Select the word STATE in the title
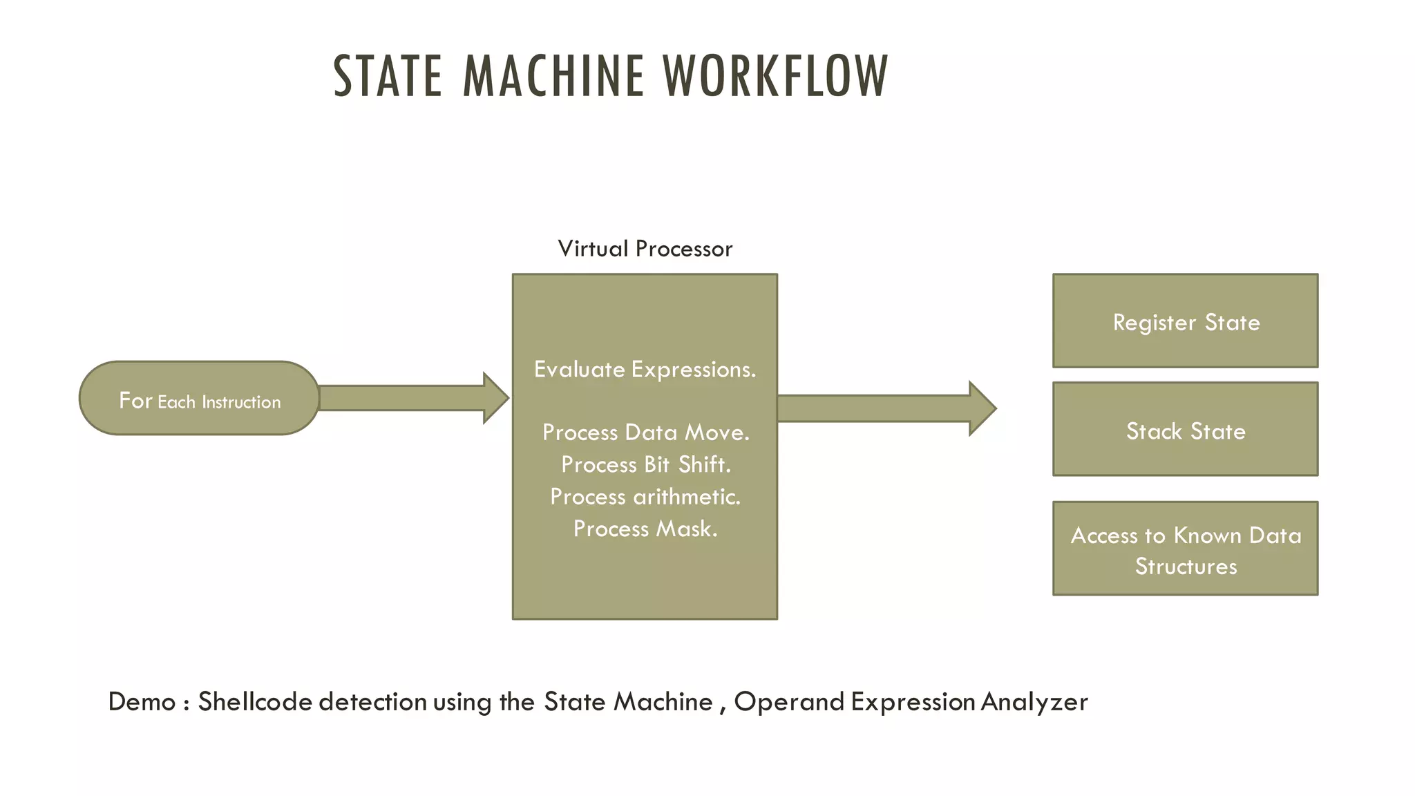(388, 76)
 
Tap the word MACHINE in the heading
(553, 76)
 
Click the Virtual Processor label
(645, 249)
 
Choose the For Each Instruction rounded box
(199, 399)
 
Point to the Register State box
(1185, 321)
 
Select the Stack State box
(1185, 430)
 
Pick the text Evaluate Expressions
(645, 370)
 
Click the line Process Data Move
(645, 433)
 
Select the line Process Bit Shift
(645, 464)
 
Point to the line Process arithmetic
(645, 497)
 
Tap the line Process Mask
(645, 529)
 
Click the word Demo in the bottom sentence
(142, 702)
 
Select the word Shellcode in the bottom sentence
(255, 702)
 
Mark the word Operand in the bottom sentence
(789, 702)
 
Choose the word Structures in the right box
(1186, 567)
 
